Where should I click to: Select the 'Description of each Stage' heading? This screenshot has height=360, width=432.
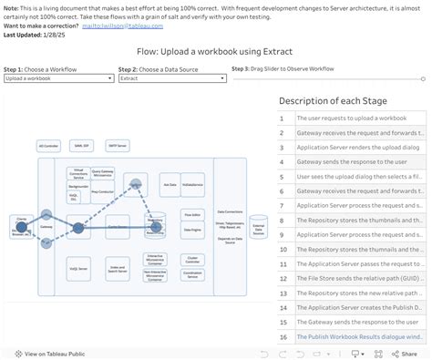(x=333, y=100)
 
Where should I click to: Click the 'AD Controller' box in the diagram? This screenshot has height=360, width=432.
(x=48, y=145)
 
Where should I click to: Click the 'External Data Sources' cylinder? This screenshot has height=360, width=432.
(x=258, y=230)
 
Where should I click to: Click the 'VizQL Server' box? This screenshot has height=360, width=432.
(x=79, y=269)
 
